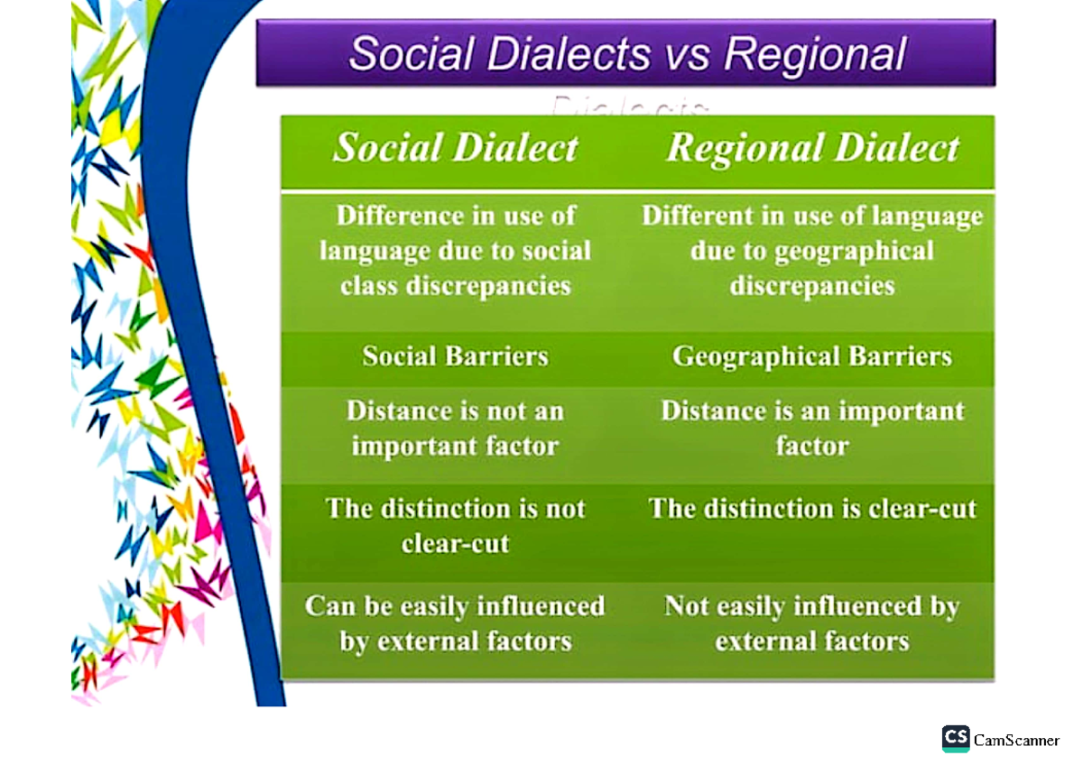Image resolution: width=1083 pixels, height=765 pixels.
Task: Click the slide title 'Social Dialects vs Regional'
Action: (626, 53)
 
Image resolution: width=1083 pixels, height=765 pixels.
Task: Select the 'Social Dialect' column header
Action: (456, 149)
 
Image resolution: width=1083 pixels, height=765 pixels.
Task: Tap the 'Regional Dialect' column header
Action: (812, 149)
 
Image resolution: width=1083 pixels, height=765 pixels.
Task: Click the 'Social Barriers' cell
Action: (456, 356)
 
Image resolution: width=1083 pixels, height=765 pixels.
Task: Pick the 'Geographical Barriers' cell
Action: (812, 356)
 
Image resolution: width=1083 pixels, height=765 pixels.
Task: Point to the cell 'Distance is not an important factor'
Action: (455, 429)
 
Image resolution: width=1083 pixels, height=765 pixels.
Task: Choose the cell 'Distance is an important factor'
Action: (812, 429)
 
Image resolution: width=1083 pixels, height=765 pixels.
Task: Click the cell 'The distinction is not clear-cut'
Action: (456, 526)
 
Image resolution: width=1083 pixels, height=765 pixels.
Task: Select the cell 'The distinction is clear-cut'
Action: (812, 509)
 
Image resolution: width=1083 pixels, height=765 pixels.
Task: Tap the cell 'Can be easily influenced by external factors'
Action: (455, 623)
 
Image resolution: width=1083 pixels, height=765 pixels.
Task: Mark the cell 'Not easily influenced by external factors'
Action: (812, 623)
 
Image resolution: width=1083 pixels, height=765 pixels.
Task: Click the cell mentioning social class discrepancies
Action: (456, 251)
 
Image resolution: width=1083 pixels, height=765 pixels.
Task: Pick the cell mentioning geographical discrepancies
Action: (812, 251)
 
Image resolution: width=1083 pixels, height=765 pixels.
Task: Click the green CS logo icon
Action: (955, 739)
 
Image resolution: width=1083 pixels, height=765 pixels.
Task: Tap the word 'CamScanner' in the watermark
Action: (1016, 741)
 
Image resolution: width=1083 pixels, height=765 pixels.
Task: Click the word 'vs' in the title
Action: (688, 54)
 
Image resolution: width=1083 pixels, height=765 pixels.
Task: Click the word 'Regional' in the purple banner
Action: (815, 54)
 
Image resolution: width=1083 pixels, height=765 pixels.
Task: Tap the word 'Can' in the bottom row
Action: (327, 605)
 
